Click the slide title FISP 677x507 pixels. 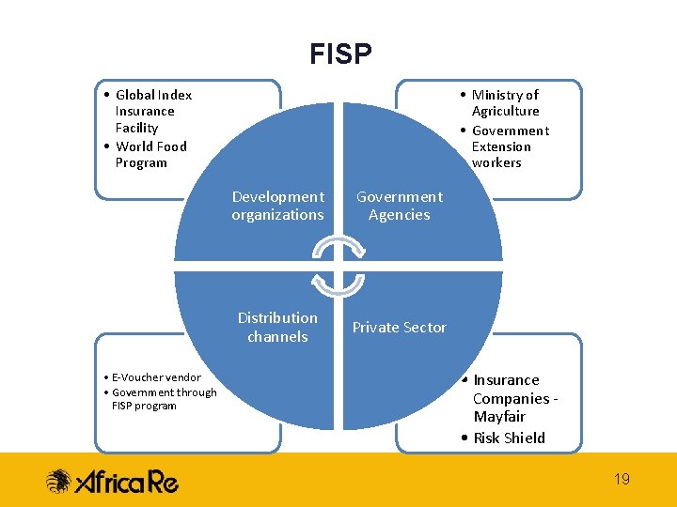[x=340, y=54]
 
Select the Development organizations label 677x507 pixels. [x=277, y=206]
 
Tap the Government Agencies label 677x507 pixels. [x=399, y=206]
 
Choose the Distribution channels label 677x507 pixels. [x=277, y=327]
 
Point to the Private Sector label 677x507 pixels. [x=399, y=327]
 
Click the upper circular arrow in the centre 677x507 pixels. [x=338, y=247]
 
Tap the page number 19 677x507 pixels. [x=622, y=480]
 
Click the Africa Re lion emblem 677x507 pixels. [x=59, y=482]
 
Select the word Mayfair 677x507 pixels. [x=499, y=417]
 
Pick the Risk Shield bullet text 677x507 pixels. [x=508, y=438]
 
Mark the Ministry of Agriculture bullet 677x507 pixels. [x=505, y=102]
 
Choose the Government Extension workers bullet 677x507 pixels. [x=509, y=146]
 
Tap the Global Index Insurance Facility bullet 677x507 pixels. [x=150, y=111]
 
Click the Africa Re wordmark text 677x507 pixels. [x=126, y=482]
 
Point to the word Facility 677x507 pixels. [x=136, y=128]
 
